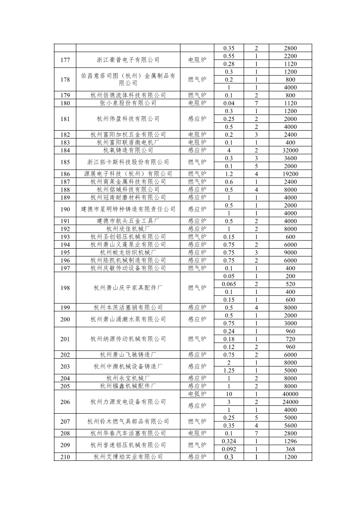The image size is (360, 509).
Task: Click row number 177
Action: pyautogui.click(x=65, y=60)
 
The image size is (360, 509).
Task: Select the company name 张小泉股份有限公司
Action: pyautogui.click(x=128, y=103)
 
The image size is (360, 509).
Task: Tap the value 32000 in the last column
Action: pyautogui.click(x=284, y=150)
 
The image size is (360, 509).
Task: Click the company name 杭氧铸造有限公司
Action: pyautogui.click(x=128, y=150)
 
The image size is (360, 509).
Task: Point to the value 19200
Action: pyautogui.click(x=284, y=174)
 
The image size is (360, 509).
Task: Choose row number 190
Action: pyautogui.click(x=65, y=209)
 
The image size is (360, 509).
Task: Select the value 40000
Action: pyautogui.click(x=284, y=394)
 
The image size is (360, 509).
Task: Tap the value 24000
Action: pyautogui.click(x=284, y=401)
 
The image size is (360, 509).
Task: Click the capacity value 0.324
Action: pyautogui.click(x=229, y=441)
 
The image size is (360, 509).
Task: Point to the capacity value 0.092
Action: pyautogui.click(x=229, y=448)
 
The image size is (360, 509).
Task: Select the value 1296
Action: pyautogui.click(x=284, y=441)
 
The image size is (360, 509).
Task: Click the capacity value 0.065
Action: pyautogui.click(x=229, y=283)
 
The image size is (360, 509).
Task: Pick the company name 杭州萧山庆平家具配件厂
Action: pyautogui.click(x=128, y=287)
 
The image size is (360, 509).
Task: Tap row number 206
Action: pyautogui.click(x=65, y=401)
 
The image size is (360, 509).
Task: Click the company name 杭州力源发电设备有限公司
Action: pyautogui.click(x=128, y=401)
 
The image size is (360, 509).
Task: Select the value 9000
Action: pyautogui.click(x=284, y=252)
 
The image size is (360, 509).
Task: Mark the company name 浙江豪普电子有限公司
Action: pyautogui.click(x=128, y=60)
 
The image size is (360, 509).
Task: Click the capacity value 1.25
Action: pyautogui.click(x=229, y=370)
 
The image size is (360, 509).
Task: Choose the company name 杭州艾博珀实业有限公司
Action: pyautogui.click(x=128, y=456)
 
